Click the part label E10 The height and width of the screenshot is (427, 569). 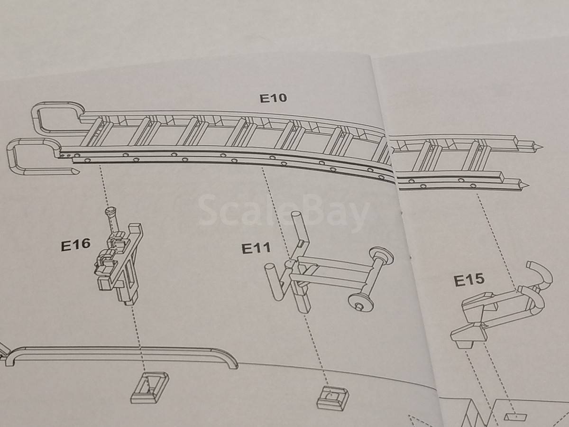click(273, 98)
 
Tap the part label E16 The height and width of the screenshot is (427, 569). click(76, 244)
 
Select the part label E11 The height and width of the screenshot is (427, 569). click(256, 248)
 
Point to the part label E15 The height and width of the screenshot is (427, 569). click(469, 280)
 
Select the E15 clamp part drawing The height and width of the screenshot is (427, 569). click(502, 306)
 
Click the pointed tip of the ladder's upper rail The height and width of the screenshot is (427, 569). click(540, 148)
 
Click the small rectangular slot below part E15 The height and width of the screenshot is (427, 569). click(515, 417)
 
